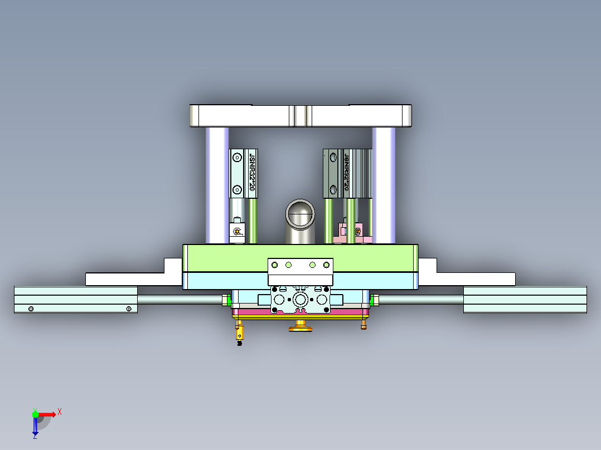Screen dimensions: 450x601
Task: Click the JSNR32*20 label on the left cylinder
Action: point(252,173)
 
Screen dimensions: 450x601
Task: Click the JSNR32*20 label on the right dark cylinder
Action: point(346,173)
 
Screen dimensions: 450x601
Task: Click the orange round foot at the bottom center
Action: point(300,326)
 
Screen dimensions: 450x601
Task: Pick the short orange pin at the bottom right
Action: point(364,324)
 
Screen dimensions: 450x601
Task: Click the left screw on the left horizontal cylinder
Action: point(31,309)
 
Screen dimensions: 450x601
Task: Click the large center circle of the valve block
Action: point(300,300)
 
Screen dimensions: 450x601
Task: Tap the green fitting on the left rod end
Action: point(227,300)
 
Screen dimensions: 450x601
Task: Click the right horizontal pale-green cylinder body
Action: point(525,300)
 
